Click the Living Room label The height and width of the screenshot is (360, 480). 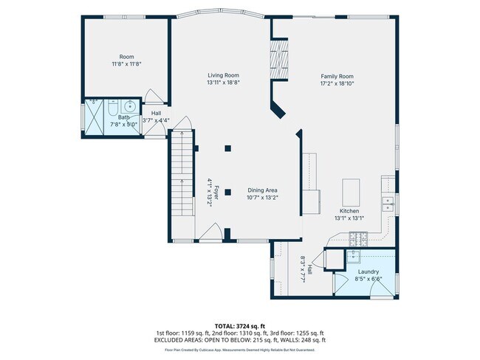tap(223, 75)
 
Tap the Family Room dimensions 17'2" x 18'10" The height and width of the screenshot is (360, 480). tap(337, 83)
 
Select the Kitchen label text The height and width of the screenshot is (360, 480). tap(349, 210)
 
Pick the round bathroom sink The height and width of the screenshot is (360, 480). tap(129, 105)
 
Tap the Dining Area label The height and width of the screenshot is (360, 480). tap(262, 190)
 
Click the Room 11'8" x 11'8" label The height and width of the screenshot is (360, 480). tap(126, 60)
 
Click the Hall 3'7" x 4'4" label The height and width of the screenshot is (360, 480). tap(156, 117)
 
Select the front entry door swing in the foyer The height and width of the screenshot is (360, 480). tap(210, 233)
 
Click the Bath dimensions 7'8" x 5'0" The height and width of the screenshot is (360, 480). tap(123, 124)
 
